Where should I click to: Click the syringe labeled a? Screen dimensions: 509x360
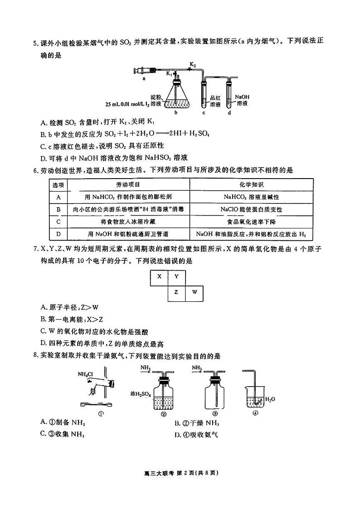coord(144,70)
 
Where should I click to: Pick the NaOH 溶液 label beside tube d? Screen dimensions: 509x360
coord(242,100)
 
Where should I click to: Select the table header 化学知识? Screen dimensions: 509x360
coord(251,185)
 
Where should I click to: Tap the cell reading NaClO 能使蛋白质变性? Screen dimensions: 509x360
coord(251,209)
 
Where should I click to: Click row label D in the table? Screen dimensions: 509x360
coord(58,234)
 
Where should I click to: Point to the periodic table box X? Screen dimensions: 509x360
coord(159,276)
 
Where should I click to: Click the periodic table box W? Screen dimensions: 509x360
coord(195,292)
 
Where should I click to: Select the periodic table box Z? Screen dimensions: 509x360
coord(176,292)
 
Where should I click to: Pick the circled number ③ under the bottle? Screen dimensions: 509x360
coord(215,413)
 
